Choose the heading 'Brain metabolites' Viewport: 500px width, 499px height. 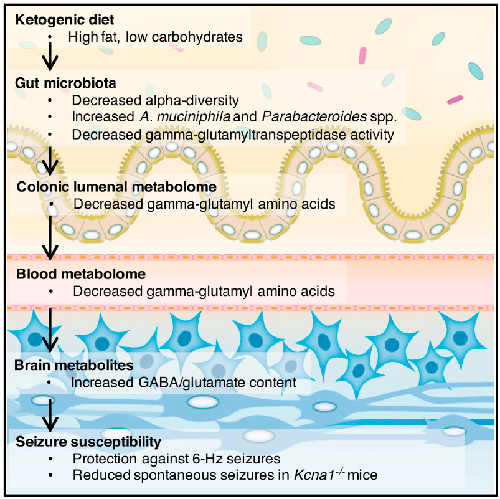pos(64,364)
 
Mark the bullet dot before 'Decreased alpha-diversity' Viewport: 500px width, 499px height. pos(50,100)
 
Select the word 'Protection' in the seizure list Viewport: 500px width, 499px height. pos(101,459)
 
